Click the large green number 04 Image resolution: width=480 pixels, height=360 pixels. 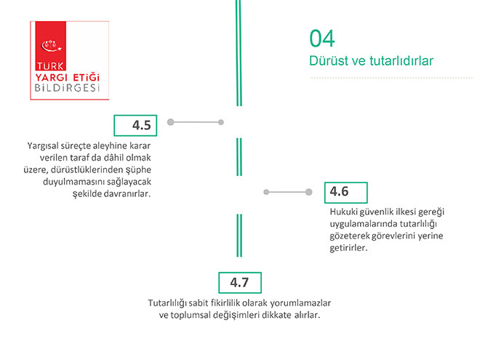(322, 39)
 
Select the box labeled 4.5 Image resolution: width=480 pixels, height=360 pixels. (135, 126)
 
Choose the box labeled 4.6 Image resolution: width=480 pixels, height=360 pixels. (346, 193)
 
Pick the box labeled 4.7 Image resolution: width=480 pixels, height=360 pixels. (240, 283)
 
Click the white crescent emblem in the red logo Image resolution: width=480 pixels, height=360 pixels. (51, 47)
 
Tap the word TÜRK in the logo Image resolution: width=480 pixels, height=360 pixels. (50, 66)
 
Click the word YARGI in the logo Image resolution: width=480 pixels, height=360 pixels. (51, 77)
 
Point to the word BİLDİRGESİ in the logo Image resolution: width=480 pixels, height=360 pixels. (68, 88)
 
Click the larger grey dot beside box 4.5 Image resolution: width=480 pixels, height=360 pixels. (170, 122)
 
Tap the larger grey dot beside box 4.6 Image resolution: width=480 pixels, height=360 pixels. (308, 192)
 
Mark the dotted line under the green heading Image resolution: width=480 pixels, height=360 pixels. (392, 78)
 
